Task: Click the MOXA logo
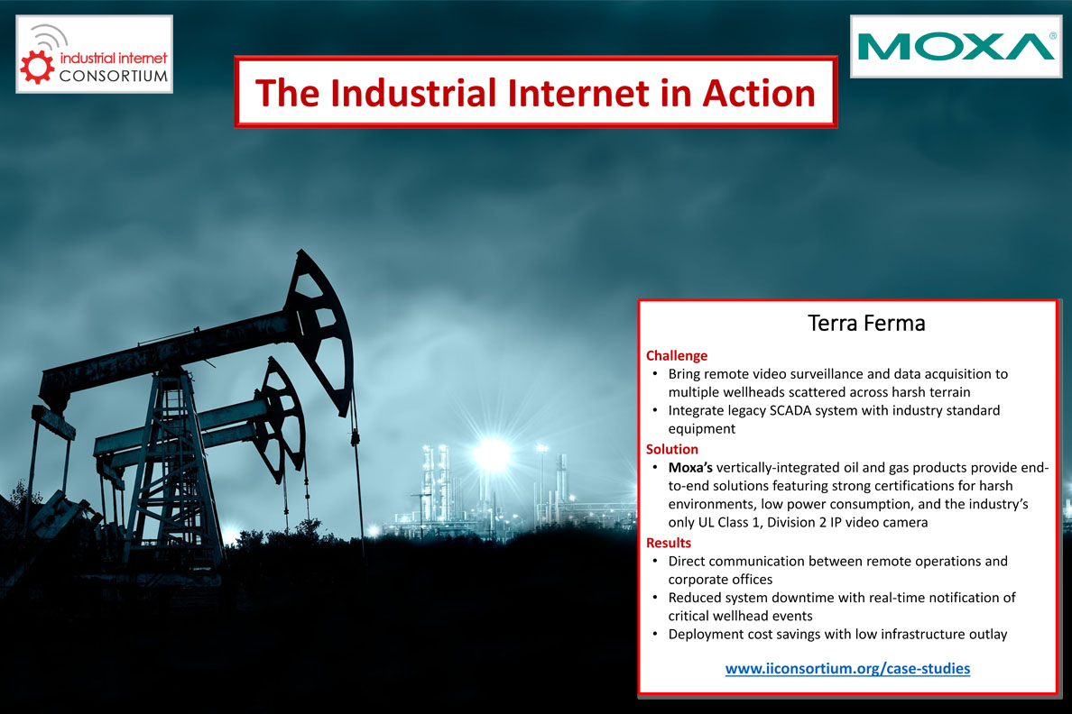(956, 47)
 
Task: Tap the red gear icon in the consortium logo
(37, 67)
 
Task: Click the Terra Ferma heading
(866, 323)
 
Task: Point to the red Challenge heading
(677, 355)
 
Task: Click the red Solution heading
(672, 449)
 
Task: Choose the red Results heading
(669, 543)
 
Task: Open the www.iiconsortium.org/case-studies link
(847, 668)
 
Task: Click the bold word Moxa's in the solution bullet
(690, 467)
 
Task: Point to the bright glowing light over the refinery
(493, 453)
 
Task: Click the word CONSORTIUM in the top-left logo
(114, 76)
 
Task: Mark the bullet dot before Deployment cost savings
(655, 634)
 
